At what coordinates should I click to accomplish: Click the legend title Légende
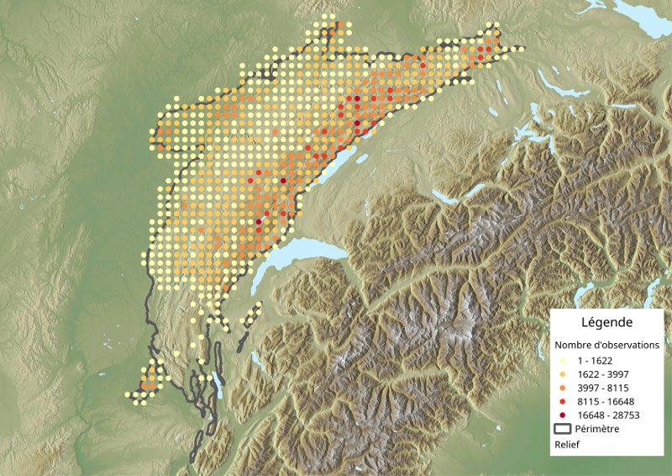click(x=606, y=322)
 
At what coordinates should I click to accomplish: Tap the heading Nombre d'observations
click(x=606, y=345)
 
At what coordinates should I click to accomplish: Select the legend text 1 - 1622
click(x=594, y=359)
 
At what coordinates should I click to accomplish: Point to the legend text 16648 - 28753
click(x=606, y=415)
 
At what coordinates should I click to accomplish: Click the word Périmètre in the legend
click(x=598, y=429)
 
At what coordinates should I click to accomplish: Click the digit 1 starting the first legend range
click(x=580, y=359)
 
